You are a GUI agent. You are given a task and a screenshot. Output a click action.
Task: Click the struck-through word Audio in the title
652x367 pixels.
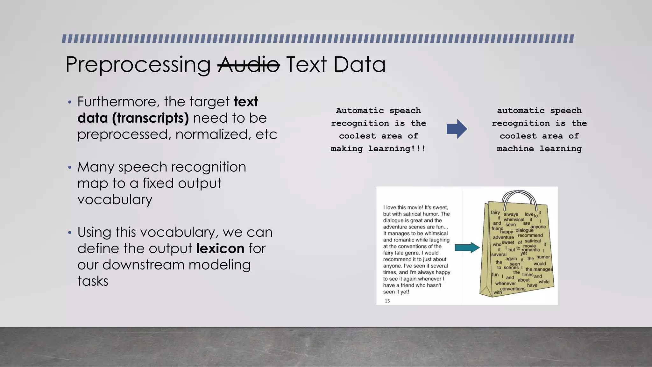(249, 64)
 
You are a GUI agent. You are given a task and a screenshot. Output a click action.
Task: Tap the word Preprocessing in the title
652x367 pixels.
(138, 65)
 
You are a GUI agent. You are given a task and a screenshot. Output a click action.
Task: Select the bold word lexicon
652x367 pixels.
(220, 248)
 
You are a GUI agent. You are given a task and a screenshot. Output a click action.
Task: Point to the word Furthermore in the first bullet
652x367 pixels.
(118, 102)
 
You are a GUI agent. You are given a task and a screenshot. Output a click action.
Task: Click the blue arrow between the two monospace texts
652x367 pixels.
(457, 129)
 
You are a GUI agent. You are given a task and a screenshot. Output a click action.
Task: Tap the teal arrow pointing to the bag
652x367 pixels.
(467, 248)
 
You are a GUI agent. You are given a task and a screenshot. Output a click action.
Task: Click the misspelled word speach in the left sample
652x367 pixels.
(405, 111)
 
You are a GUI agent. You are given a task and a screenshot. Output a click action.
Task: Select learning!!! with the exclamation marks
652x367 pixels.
(397, 149)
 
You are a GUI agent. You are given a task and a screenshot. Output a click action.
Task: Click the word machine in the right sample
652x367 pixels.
(515, 149)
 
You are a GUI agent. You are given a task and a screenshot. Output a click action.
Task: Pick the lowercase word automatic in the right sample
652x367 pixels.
(521, 111)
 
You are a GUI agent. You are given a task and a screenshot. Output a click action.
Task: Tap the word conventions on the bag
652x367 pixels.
(513, 289)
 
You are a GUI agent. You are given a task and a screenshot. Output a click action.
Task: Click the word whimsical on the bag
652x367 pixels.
(514, 219)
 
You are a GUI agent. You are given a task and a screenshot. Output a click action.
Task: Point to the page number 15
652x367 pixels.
(387, 301)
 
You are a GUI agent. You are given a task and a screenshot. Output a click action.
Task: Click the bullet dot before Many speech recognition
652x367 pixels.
(70, 168)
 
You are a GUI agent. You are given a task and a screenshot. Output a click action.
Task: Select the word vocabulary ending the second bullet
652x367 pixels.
(115, 200)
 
